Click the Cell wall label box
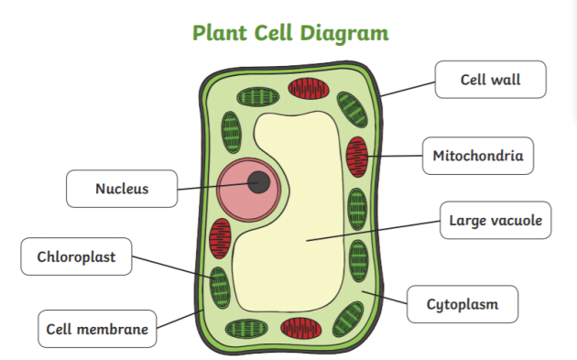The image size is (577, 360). point(490,80)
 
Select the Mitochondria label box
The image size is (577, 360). point(478,156)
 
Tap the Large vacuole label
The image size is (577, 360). point(495,220)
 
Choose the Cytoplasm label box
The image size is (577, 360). point(463,304)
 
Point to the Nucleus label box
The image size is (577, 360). point(122,190)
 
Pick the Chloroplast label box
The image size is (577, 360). point(76,256)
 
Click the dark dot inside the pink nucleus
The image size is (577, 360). point(259,181)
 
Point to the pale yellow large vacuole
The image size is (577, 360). point(302,238)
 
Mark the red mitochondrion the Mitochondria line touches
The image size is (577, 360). point(356,157)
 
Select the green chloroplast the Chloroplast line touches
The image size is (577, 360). point(220,286)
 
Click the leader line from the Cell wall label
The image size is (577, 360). point(408,89)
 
